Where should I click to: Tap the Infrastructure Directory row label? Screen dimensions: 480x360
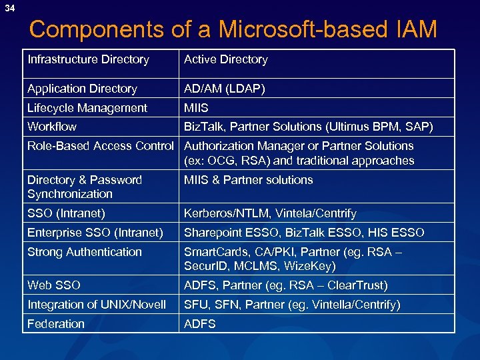point(88,60)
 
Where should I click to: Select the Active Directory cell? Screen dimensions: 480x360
point(225,60)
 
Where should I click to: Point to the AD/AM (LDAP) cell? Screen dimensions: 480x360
point(224,89)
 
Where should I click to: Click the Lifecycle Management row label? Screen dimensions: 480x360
point(87,108)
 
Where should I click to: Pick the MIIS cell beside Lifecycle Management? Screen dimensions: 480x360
point(196,108)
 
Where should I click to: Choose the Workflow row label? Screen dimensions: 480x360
point(52,127)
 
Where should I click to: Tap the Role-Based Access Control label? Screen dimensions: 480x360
point(101,146)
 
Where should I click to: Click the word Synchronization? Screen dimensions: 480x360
point(70,194)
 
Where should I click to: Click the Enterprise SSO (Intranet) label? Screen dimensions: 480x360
point(95,233)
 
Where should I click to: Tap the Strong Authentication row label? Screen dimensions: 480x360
point(85,252)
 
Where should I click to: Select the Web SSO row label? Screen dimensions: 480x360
point(54,285)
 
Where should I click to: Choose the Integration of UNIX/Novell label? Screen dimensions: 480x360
point(97,305)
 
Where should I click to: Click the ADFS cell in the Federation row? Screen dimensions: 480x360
point(200,324)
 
